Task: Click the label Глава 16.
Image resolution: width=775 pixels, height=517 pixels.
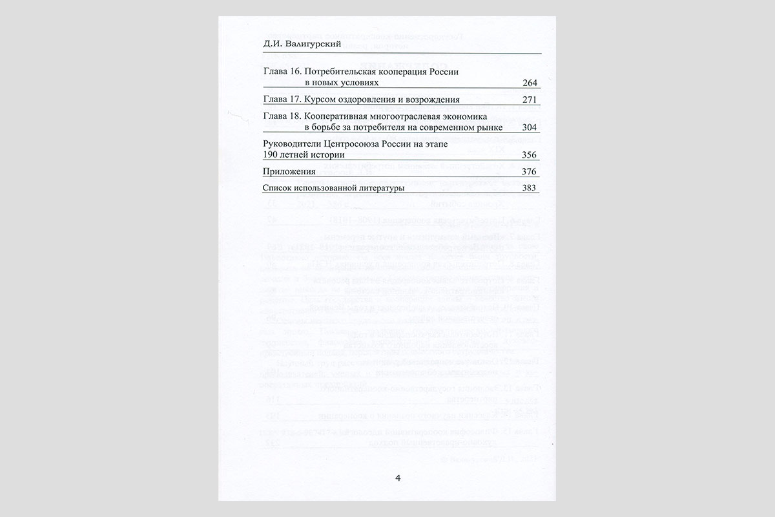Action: click(x=280, y=72)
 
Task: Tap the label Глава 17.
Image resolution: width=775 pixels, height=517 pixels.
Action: click(x=280, y=100)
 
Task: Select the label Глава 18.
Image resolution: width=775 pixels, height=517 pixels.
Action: click(x=280, y=116)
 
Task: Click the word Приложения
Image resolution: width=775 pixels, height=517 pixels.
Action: click(x=290, y=172)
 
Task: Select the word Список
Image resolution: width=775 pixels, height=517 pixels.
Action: click(x=278, y=189)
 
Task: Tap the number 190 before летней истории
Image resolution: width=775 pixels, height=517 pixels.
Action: click(x=272, y=156)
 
